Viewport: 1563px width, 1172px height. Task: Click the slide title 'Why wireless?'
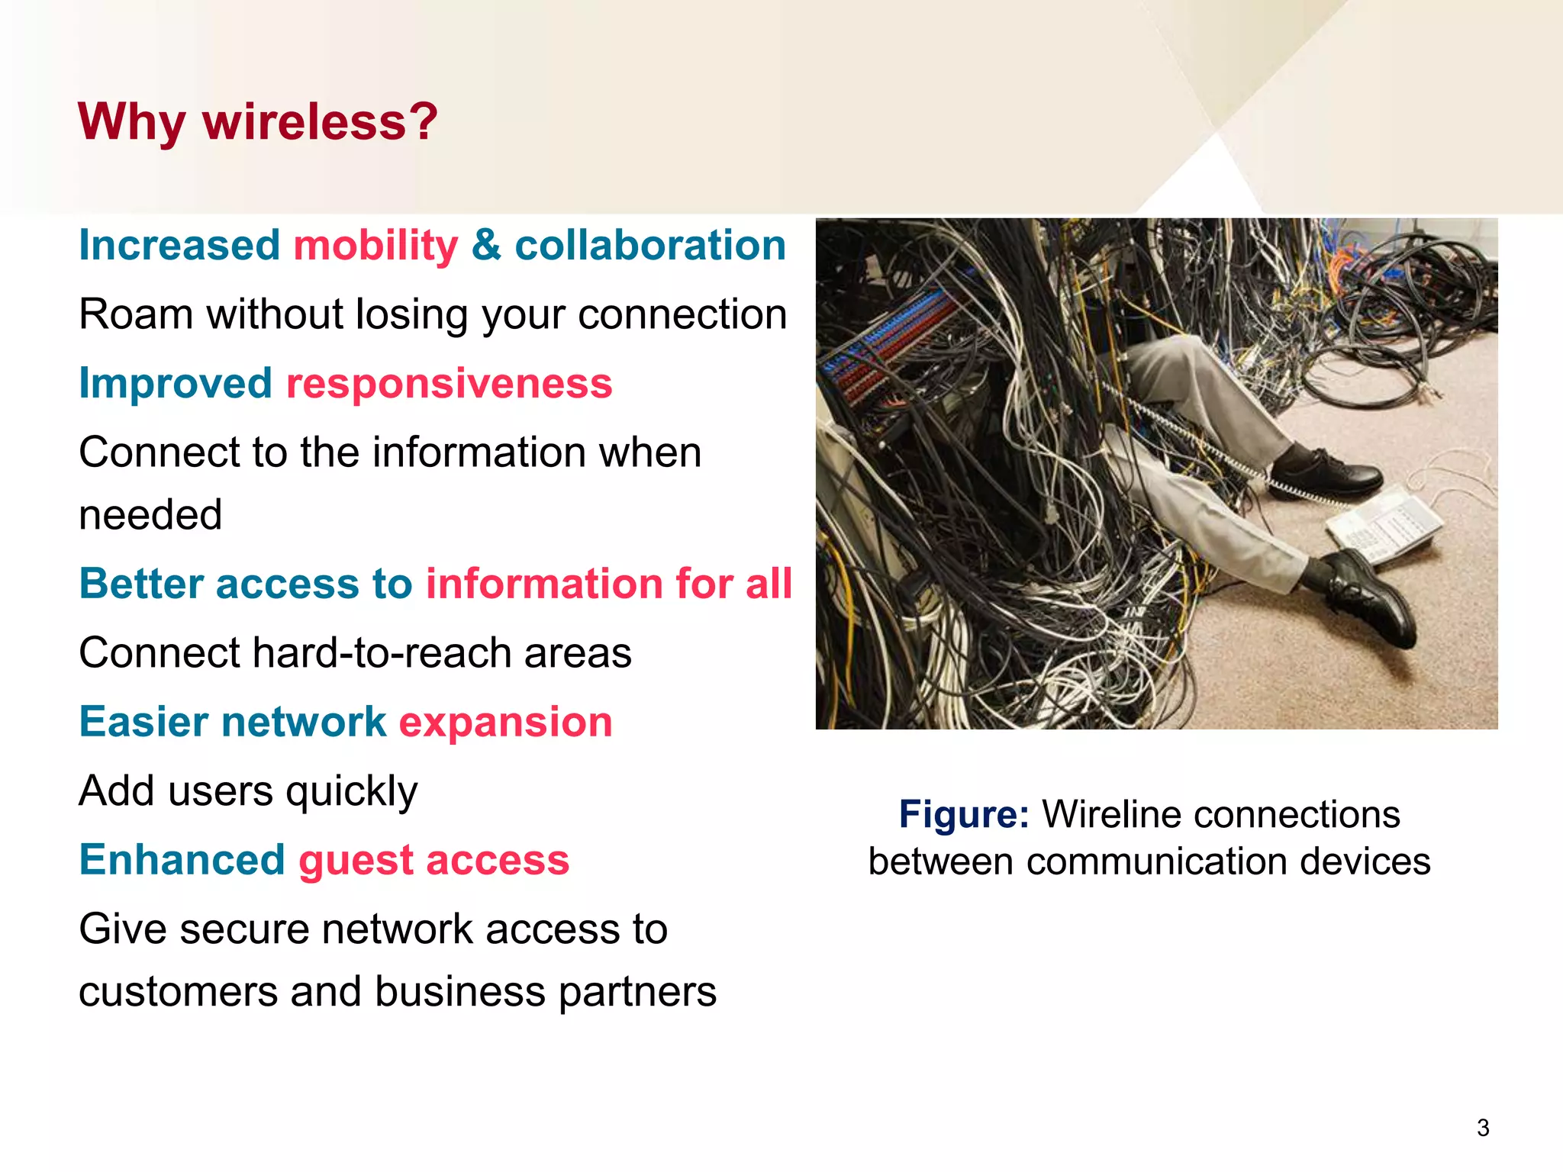point(258,122)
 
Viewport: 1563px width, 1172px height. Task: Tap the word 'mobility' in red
point(375,246)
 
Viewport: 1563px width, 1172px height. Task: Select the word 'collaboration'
point(650,246)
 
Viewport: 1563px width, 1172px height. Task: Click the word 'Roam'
point(135,314)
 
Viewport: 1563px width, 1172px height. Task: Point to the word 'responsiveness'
point(449,383)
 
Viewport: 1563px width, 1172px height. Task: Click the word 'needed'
point(150,515)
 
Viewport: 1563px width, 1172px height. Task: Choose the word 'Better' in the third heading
point(141,584)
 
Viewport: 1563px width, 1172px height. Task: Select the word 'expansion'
point(505,722)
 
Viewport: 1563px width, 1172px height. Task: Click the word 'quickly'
point(352,792)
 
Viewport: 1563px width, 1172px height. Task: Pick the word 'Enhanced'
point(182,860)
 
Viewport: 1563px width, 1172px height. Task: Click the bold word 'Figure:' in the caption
point(964,815)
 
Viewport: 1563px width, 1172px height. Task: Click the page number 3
point(1483,1128)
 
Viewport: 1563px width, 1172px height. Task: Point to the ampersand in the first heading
point(486,246)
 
